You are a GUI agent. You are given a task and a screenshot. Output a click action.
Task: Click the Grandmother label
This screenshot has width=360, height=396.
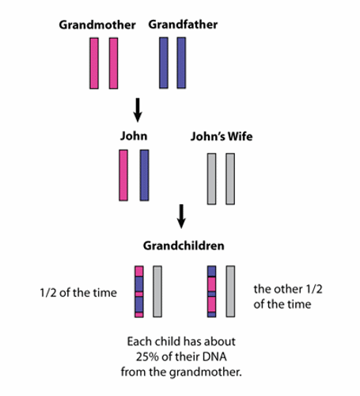pos(97,25)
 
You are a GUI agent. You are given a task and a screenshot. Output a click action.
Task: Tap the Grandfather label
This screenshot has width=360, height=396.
pos(183,25)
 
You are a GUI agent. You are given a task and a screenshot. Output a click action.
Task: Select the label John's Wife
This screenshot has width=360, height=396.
pos(222,136)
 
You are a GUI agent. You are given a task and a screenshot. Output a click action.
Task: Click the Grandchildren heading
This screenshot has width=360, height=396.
pos(184,246)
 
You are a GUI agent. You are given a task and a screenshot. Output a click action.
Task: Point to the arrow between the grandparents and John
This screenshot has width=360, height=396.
pos(138,110)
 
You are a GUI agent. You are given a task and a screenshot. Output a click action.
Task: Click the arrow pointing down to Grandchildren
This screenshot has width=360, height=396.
pos(181,216)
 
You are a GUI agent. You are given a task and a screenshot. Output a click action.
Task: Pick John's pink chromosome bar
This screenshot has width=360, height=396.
pos(123,175)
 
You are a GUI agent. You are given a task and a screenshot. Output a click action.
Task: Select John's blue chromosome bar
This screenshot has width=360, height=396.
pos(144,175)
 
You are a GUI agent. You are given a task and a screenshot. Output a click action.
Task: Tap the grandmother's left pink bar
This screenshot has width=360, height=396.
pos(94,63)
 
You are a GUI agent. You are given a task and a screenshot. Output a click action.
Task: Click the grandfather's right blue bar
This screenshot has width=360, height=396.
pos(181,63)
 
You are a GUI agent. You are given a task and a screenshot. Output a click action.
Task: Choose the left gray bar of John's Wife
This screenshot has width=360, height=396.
pos(211,179)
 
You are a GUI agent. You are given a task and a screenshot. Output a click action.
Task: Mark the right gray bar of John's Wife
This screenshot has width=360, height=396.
pos(230,179)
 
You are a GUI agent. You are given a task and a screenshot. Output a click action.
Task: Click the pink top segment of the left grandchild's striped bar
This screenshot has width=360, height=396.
pos(139,271)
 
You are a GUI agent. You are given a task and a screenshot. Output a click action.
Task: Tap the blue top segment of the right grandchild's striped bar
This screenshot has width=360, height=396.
pos(211,271)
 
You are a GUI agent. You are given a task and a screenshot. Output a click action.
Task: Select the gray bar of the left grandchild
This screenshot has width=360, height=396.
pos(157,291)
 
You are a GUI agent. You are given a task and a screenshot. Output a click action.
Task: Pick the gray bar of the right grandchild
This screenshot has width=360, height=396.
pos(230,291)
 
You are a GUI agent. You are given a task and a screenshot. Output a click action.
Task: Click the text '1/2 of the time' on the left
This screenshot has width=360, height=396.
pos(78,293)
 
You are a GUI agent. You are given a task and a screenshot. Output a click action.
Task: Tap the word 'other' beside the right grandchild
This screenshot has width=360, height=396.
pos(288,289)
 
